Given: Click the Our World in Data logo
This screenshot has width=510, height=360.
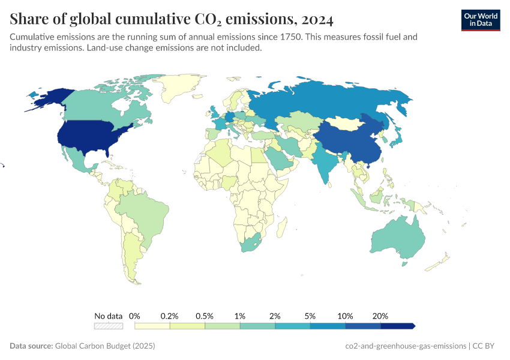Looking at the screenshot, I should click(480, 19).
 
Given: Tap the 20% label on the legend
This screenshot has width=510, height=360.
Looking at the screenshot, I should click(380, 316).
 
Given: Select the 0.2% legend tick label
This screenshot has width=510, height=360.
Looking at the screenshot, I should click(170, 316).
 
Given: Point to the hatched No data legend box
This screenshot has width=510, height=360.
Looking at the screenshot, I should click(109, 326).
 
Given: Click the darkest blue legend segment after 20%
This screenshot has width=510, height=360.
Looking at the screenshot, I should click(397, 326).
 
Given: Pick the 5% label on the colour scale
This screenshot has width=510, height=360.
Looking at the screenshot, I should click(310, 316).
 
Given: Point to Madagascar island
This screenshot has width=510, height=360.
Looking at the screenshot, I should click(280, 228).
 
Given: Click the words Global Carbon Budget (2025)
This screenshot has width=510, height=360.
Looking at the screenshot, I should click(105, 346).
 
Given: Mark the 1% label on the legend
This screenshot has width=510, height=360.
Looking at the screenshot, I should click(240, 316).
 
